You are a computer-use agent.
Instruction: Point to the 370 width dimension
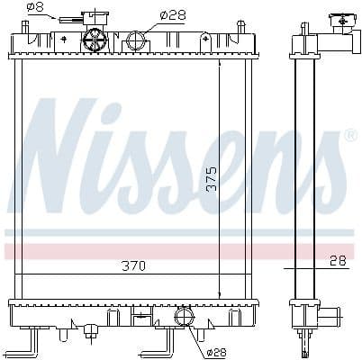tap(133, 265)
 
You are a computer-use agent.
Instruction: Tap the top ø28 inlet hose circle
tap(136, 40)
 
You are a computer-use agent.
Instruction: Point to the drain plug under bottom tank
tap(91, 334)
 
